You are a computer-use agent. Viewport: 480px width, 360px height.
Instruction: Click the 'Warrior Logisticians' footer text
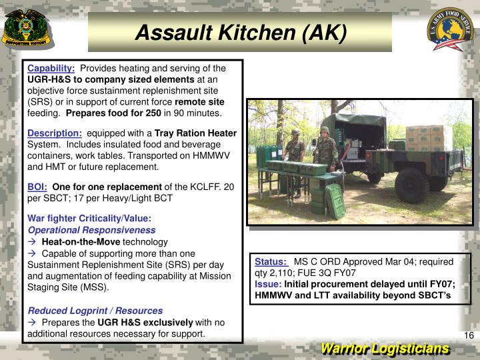point(385,349)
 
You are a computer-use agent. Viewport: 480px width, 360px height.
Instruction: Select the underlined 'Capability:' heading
point(51,69)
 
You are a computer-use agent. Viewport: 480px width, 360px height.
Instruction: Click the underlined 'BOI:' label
point(37,187)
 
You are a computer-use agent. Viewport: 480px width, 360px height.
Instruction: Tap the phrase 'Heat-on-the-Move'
point(81,241)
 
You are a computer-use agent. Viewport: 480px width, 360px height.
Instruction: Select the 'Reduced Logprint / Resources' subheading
point(95,311)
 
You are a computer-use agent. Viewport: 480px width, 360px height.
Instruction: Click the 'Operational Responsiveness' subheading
point(91,230)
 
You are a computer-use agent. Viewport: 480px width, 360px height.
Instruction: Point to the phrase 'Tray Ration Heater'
point(195,133)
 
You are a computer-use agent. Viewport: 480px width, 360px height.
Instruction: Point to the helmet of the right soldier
point(324,130)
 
